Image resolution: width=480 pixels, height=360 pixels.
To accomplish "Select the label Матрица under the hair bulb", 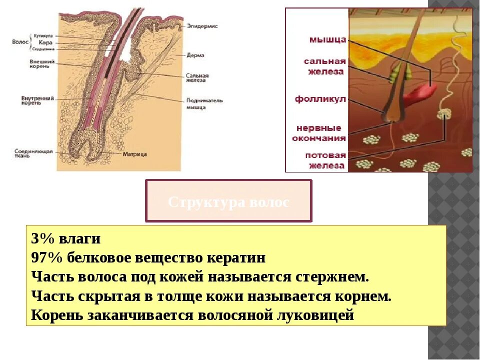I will pos(135,154).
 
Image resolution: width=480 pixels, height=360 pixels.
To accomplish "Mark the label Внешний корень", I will pos(41,63).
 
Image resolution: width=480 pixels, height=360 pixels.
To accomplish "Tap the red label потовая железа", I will pos(325,160).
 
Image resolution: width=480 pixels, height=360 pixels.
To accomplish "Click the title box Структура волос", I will pos(228,201).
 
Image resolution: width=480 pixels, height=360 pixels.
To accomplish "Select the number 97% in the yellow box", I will pos(45,258).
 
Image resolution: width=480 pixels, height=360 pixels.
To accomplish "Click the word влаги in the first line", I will pos(82,239).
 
